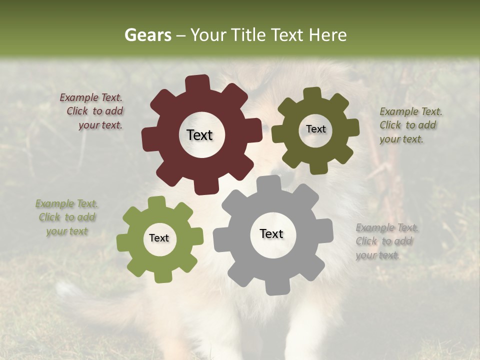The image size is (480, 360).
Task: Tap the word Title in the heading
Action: pos(248,35)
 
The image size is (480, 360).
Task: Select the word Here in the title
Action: pos(327,35)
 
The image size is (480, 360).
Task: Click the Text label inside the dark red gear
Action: pos(199,135)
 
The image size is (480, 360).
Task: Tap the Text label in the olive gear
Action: pos(315,129)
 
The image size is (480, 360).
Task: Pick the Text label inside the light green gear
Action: pos(159,238)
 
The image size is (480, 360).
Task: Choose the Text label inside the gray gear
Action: pos(271,233)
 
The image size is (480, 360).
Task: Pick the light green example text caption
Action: pos(67,217)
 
